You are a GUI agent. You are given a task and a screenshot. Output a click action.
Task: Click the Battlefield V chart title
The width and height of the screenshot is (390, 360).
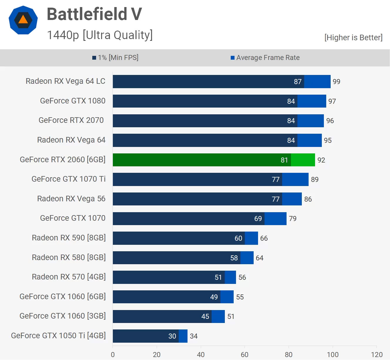click(x=94, y=14)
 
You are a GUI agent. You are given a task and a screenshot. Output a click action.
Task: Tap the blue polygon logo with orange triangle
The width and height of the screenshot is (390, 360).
click(x=23, y=20)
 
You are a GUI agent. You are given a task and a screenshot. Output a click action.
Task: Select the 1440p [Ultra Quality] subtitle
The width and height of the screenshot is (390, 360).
click(x=100, y=35)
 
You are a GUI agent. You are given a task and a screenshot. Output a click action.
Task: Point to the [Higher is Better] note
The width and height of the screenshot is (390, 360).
click(x=353, y=38)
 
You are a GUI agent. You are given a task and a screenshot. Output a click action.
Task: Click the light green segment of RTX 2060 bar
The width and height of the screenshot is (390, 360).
click(x=303, y=160)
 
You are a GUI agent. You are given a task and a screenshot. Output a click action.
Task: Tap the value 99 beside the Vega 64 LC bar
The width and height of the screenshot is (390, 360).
click(x=336, y=82)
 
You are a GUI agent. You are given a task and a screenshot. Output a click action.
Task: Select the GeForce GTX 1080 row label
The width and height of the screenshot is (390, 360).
click(x=73, y=101)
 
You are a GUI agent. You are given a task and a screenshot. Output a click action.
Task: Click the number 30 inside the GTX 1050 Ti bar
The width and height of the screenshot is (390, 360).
click(x=172, y=336)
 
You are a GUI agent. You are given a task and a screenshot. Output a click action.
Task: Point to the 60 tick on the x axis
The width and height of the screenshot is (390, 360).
click(x=245, y=355)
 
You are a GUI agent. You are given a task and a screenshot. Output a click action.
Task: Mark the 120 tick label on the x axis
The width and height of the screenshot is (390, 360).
click(x=376, y=355)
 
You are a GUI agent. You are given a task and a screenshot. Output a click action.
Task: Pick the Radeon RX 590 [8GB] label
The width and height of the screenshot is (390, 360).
click(x=69, y=238)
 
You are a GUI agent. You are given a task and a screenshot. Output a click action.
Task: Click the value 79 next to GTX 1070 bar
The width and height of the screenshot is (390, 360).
click(x=292, y=219)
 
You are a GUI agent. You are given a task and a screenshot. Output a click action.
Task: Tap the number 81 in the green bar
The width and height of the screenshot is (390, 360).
click(x=284, y=160)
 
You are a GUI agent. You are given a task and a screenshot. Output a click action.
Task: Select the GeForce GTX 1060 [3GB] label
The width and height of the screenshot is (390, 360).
click(x=63, y=316)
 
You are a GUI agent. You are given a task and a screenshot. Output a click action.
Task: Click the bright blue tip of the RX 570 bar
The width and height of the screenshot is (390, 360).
click(x=230, y=277)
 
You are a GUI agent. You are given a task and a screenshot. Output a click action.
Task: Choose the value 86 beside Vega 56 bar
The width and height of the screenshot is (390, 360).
click(x=308, y=199)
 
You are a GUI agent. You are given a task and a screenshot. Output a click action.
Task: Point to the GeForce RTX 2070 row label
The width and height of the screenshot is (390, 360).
click(x=71, y=120)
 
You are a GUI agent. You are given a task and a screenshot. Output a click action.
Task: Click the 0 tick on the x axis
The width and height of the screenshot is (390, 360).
click(x=113, y=355)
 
